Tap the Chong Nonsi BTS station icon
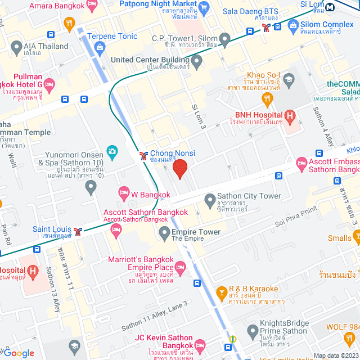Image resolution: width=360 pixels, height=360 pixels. (143, 154)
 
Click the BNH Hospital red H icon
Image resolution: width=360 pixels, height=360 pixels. (290, 117)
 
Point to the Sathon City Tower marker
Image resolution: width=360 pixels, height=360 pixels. (209, 200)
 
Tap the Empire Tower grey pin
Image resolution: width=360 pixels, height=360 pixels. (164, 232)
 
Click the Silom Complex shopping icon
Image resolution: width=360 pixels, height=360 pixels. (292, 25)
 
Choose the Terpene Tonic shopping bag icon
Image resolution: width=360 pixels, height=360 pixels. (100, 47)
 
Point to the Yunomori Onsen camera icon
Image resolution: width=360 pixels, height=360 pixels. (112, 152)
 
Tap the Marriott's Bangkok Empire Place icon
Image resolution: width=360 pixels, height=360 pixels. (180, 271)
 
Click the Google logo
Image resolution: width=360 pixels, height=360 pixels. (20, 353)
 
